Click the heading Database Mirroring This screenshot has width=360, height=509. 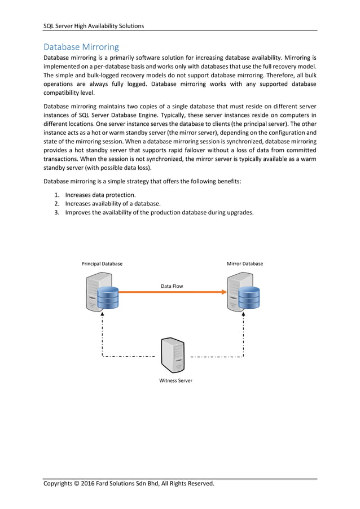pyautogui.click(x=81, y=46)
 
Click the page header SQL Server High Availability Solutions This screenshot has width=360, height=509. pyautogui.click(x=94, y=25)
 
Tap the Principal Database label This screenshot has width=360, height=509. pyautogui.click(x=102, y=264)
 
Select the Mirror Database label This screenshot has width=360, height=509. pyautogui.click(x=244, y=264)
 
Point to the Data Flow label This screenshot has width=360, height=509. pyautogui.click(x=172, y=286)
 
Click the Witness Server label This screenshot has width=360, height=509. pyautogui.click(x=175, y=380)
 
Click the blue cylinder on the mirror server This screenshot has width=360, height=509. pyautogui.click(x=249, y=298)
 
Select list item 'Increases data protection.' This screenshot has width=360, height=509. pyautogui.click(x=100, y=195)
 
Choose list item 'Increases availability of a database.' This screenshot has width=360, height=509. pyautogui.click(x=113, y=204)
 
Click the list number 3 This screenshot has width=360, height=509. pyautogui.click(x=57, y=213)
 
